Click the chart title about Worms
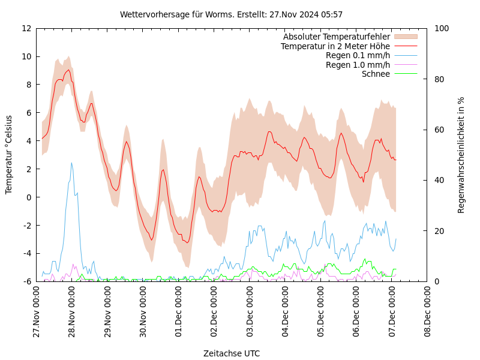click(x=231, y=14)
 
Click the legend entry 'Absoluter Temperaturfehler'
click(x=336, y=37)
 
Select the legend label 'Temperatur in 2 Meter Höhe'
click(x=335, y=46)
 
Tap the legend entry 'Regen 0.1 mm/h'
click(x=358, y=55)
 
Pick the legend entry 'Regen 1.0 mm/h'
click(x=358, y=65)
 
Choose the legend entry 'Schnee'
click(x=376, y=74)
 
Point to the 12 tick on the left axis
click(x=26, y=28)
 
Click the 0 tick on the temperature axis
click(x=28, y=197)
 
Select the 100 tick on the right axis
click(x=441, y=28)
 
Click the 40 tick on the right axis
click(x=439, y=180)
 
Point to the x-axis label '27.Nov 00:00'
click(x=37, y=312)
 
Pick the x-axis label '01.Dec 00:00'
click(x=179, y=312)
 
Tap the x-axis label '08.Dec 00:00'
click(x=428, y=312)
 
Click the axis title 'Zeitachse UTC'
click(x=232, y=353)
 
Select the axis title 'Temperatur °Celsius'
click(x=9, y=154)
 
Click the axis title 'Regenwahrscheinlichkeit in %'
click(x=461, y=155)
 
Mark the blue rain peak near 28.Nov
click(x=71, y=163)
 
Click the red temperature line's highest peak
click(x=68, y=70)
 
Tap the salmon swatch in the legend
click(x=405, y=37)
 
